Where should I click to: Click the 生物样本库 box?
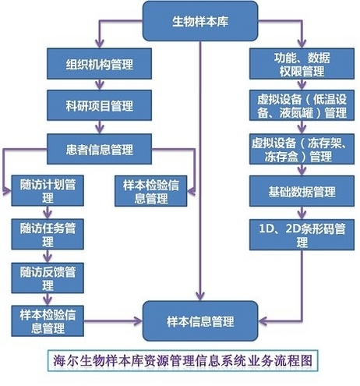(x=200, y=21)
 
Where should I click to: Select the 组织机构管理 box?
(x=99, y=64)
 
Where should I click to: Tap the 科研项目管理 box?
(x=99, y=105)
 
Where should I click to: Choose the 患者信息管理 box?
(x=99, y=149)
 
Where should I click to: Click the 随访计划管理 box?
(x=48, y=190)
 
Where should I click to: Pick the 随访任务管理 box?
(x=48, y=234)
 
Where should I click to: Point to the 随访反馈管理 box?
(x=48, y=278)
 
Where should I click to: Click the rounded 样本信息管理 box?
(x=200, y=321)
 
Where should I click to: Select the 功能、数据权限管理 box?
(x=302, y=64)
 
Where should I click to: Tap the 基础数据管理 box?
(x=302, y=191)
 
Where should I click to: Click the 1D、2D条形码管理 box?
(x=302, y=235)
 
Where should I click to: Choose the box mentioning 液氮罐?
(x=302, y=105)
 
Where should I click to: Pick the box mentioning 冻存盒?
(x=302, y=149)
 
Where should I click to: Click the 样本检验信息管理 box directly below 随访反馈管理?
(x=48, y=321)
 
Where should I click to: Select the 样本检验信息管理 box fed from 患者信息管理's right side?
(x=151, y=191)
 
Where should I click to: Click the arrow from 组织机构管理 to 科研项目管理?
(x=100, y=84)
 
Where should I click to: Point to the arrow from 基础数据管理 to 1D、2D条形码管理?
(x=302, y=213)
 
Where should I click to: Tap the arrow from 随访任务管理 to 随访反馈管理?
(x=48, y=256)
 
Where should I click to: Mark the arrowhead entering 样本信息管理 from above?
(x=200, y=296)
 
